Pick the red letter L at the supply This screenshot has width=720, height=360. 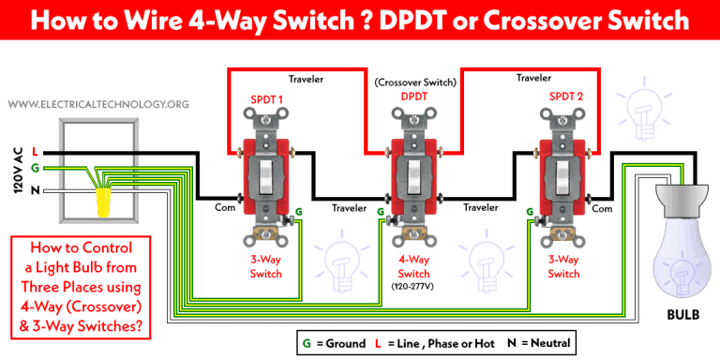pyautogui.click(x=35, y=152)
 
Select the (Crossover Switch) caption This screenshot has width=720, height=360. pyautogui.click(x=414, y=82)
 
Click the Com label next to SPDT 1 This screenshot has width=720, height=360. pyautogui.click(x=224, y=208)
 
